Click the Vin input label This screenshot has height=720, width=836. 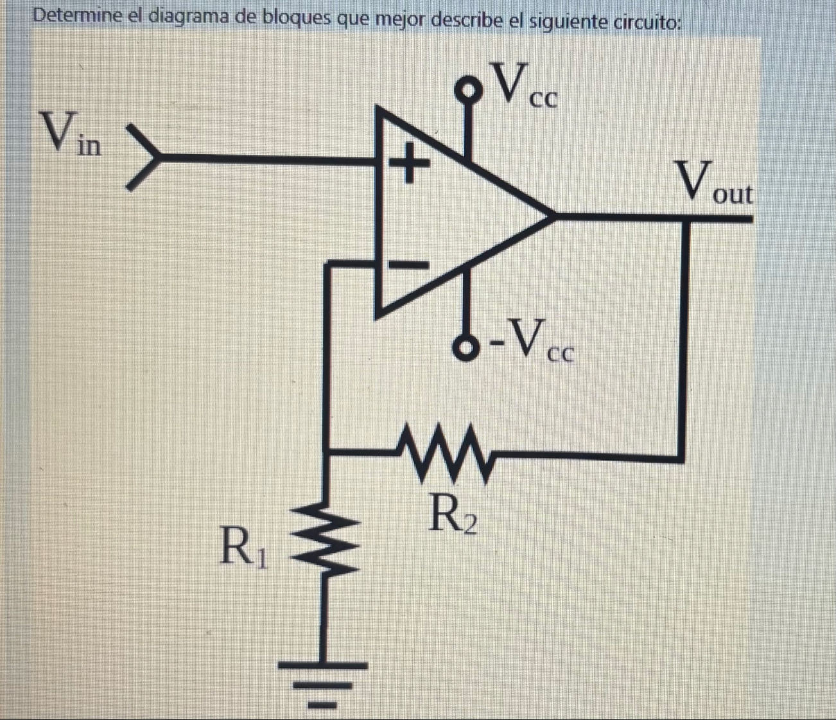point(71,134)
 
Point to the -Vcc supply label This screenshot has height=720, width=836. point(532,340)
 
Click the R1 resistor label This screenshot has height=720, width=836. point(242,547)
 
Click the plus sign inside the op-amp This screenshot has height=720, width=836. point(406,163)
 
